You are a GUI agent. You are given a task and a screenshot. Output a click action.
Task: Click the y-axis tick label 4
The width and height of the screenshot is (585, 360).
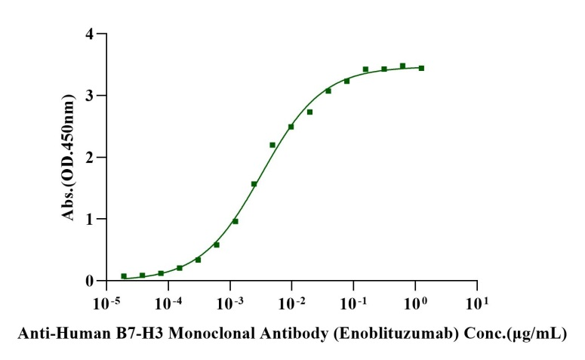click(90, 34)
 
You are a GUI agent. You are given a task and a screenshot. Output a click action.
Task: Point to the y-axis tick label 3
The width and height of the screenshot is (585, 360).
click(90, 96)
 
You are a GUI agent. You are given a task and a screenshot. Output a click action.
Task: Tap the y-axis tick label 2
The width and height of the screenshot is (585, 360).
click(90, 158)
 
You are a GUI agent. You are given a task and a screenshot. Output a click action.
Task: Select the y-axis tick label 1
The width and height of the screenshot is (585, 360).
click(90, 220)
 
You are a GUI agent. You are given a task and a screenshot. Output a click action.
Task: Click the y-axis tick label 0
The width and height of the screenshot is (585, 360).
click(90, 282)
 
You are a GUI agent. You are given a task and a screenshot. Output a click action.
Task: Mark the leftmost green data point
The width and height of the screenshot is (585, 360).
click(124, 276)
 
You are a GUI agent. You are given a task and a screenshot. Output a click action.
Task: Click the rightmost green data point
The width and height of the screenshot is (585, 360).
click(421, 68)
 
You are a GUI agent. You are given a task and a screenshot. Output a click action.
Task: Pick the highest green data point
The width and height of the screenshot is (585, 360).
click(402, 66)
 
